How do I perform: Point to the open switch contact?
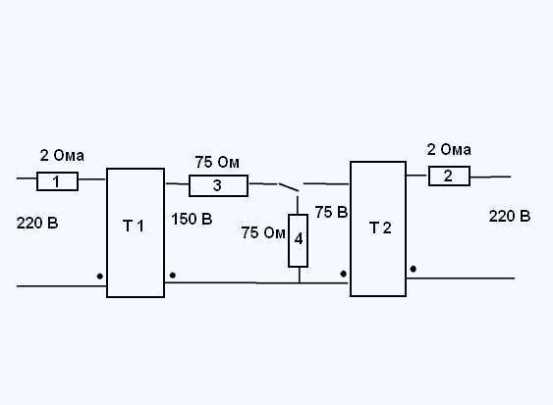coord(289,187)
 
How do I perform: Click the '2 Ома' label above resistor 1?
coord(62,155)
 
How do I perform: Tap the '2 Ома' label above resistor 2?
coord(449,150)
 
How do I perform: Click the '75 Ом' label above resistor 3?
coord(217,163)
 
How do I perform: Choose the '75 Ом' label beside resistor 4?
coord(263,232)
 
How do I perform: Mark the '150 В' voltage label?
coord(192,219)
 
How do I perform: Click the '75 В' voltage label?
coord(332,212)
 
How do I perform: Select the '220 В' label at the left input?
coord(37,223)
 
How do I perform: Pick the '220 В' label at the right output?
coord(510,216)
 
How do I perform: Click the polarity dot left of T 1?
coord(100,277)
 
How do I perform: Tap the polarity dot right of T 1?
coord(173,275)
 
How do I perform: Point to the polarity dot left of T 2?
coord(344,274)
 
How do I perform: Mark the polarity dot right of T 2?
coord(413,269)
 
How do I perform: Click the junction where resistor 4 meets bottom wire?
coord(299,282)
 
